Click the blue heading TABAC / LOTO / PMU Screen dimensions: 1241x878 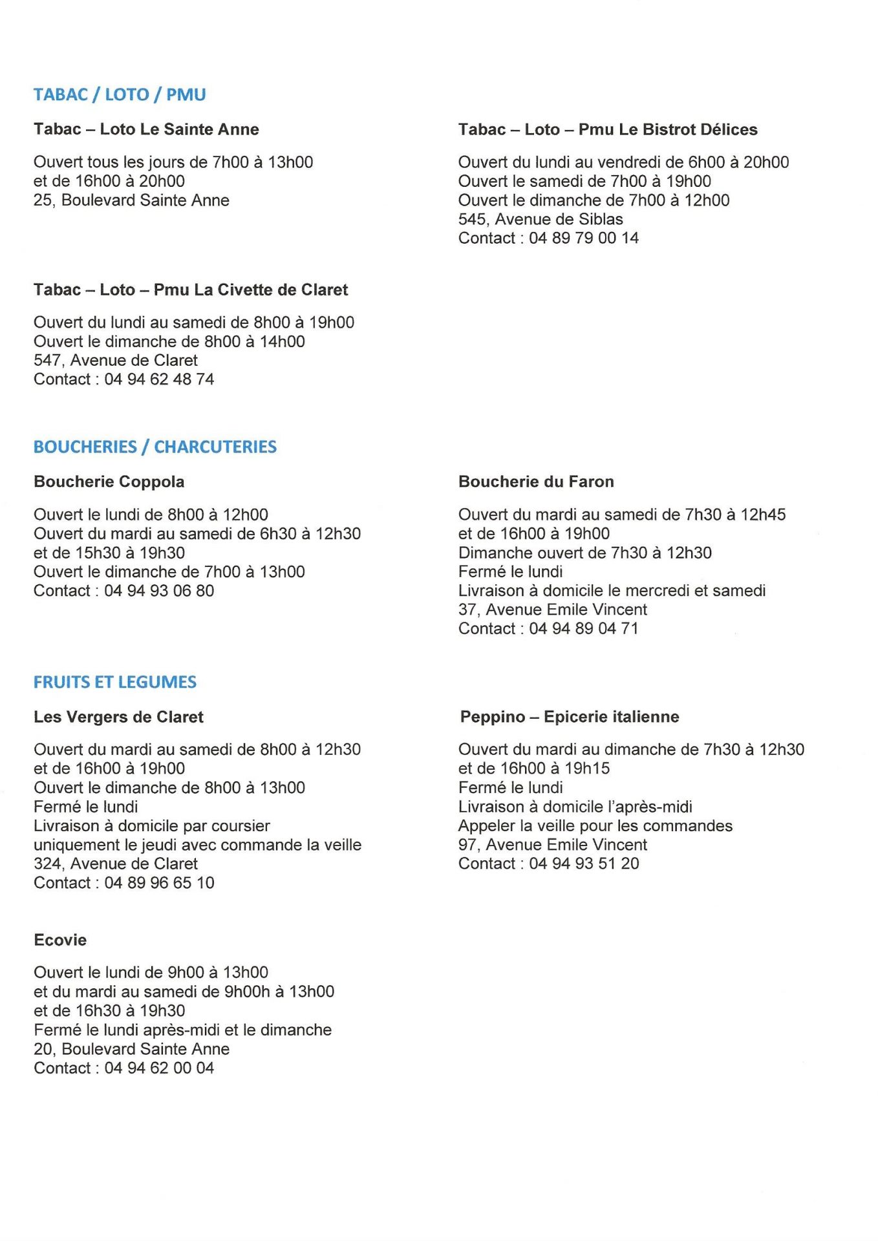pyautogui.click(x=120, y=94)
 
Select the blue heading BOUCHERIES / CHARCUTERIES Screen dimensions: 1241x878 pyautogui.click(x=155, y=447)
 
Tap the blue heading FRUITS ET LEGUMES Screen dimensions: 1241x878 pyautogui.click(x=115, y=682)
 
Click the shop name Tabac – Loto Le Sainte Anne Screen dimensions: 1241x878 pyautogui.click(x=146, y=129)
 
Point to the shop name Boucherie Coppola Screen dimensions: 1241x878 pyautogui.click(x=109, y=482)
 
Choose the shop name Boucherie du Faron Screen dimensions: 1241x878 pyautogui.click(x=536, y=482)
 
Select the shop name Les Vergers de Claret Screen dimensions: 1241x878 pyautogui.click(x=118, y=717)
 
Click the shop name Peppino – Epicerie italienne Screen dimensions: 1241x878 pyautogui.click(x=570, y=717)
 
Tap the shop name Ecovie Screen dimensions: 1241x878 pyautogui.click(x=60, y=940)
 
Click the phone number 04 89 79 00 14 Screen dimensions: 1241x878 pyautogui.click(x=584, y=239)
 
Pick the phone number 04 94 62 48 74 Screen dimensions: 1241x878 pyautogui.click(x=159, y=379)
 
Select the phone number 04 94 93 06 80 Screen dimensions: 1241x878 pyautogui.click(x=159, y=591)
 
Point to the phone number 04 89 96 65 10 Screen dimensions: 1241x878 pyautogui.click(x=159, y=883)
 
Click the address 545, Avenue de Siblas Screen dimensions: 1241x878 pyautogui.click(x=541, y=219)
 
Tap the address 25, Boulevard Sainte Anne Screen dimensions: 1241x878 pyautogui.click(x=131, y=200)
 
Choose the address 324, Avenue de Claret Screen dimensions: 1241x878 pyautogui.click(x=116, y=864)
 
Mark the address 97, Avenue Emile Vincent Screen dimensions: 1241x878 pyautogui.click(x=553, y=845)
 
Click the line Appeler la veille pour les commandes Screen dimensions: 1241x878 pyautogui.click(x=595, y=826)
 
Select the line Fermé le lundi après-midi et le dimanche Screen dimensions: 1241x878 pyautogui.click(x=182, y=1030)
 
